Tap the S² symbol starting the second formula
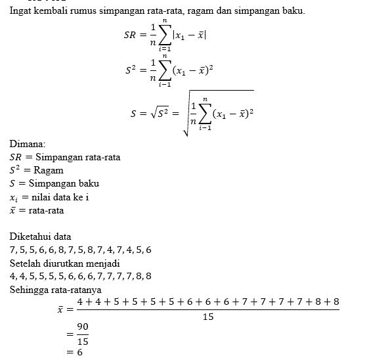coord(131,68)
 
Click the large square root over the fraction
coord(186,112)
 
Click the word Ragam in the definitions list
coord(49,169)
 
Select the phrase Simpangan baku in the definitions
coord(68,183)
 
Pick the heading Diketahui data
coord(41,236)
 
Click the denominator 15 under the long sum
coord(207,317)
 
